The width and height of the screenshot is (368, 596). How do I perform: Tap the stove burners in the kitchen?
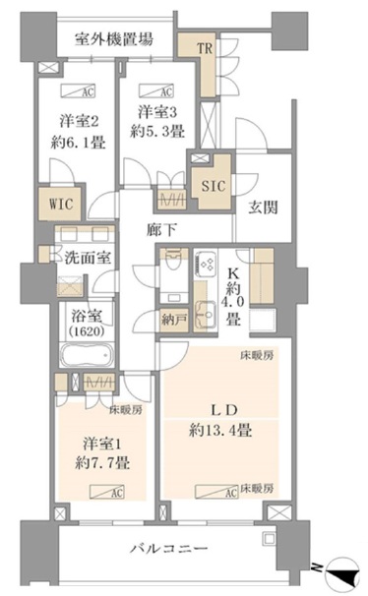(x=208, y=265)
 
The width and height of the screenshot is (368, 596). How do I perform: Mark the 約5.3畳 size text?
(x=158, y=130)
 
